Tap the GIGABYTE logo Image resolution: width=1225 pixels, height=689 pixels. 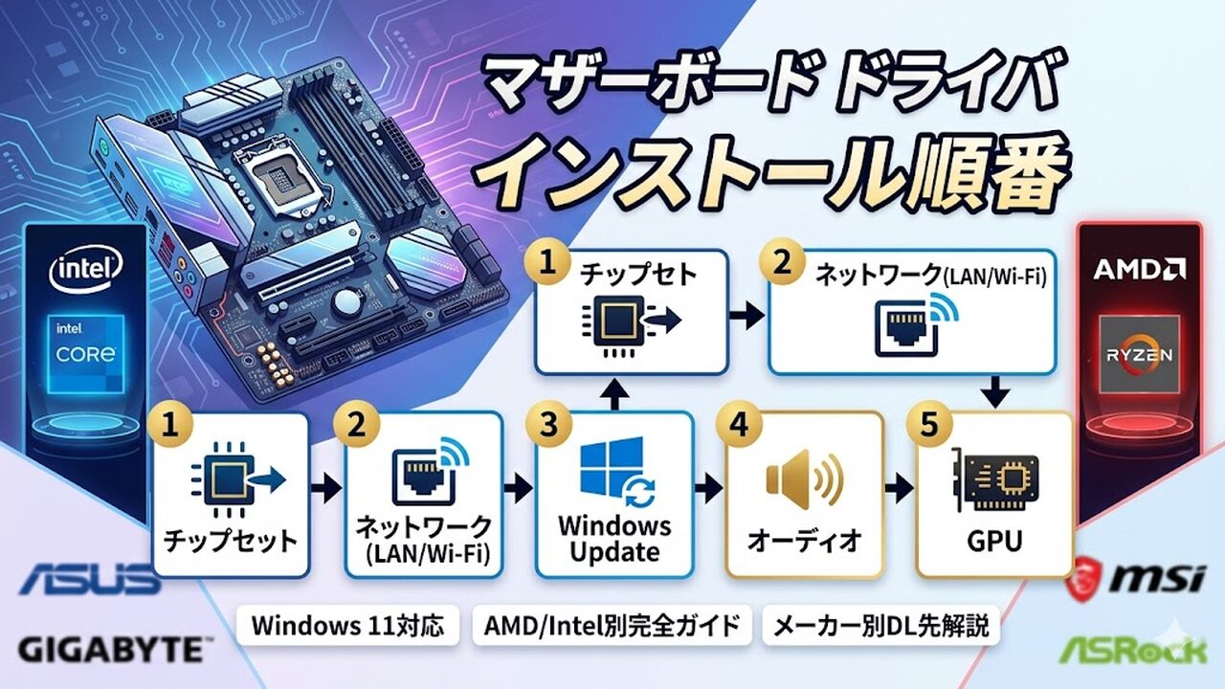click(110, 651)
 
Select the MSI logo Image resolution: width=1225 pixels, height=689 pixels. click(1135, 577)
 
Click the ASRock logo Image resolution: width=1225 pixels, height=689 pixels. click(1133, 650)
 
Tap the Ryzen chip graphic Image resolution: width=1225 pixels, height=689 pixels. click(1139, 354)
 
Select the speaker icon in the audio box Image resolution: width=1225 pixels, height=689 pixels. click(803, 478)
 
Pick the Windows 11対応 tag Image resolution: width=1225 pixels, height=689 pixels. click(348, 626)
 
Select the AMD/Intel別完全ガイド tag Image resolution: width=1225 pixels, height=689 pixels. click(612, 626)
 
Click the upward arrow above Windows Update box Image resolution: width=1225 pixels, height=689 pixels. click(614, 391)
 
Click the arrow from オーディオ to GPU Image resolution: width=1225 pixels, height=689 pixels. click(898, 489)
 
